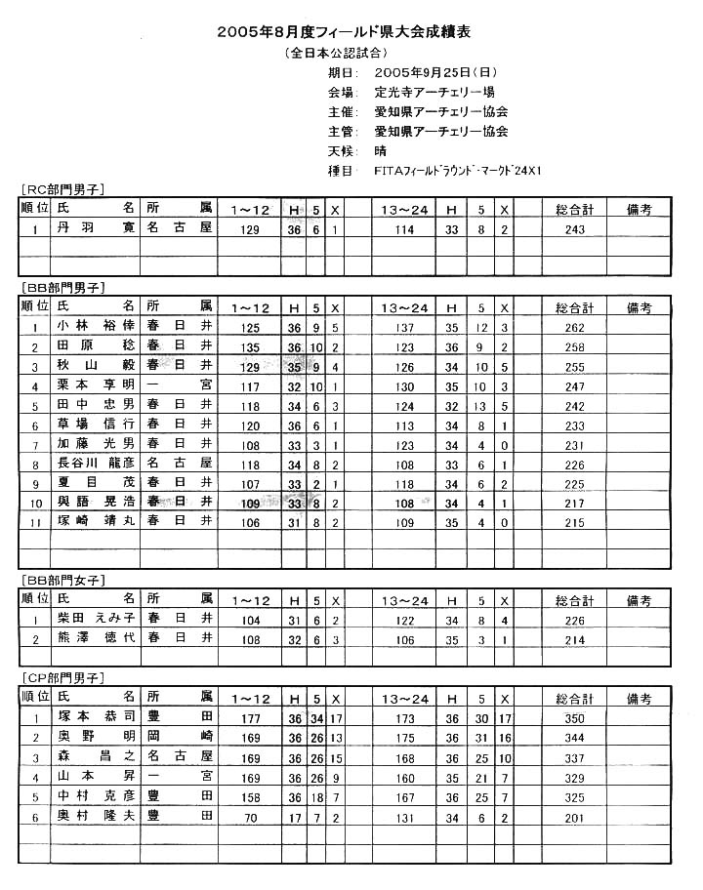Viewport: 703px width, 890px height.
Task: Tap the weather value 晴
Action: pyautogui.click(x=380, y=150)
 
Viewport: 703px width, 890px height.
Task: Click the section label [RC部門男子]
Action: pyautogui.click(x=62, y=189)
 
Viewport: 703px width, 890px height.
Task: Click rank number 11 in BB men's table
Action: pyautogui.click(x=34, y=522)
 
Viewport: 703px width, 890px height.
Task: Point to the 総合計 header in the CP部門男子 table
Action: pyautogui.click(x=574, y=698)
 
